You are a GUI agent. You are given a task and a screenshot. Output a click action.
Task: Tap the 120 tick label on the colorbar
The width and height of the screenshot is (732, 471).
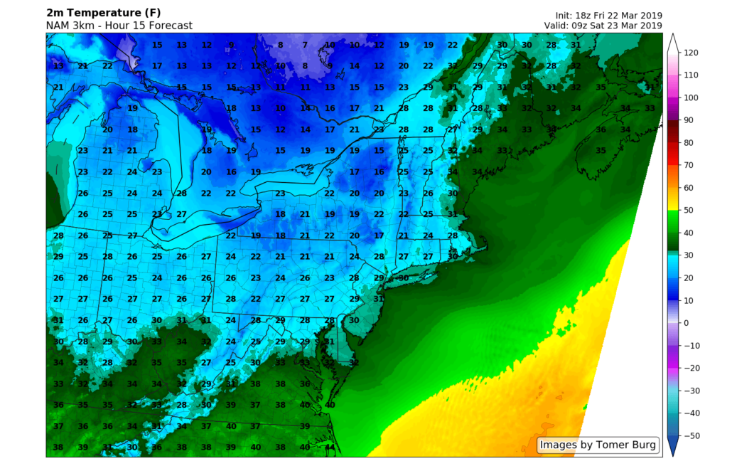click(691, 53)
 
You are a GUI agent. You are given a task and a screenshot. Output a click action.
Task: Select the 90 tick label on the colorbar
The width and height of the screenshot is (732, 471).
click(689, 120)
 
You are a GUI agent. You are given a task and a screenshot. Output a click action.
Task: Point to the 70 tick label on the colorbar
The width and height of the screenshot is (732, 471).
click(689, 165)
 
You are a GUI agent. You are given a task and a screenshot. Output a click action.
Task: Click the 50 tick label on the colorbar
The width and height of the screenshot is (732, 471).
click(689, 210)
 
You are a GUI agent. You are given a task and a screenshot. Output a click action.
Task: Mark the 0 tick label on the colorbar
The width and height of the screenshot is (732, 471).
click(686, 322)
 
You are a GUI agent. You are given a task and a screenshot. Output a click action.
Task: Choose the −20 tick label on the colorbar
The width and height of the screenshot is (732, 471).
click(691, 367)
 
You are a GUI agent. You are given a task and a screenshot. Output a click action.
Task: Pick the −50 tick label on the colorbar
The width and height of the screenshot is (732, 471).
click(691, 435)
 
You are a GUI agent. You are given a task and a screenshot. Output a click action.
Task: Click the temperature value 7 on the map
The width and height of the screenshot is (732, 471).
click(305, 45)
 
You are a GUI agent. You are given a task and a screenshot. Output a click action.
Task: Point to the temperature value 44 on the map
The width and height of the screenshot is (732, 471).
click(330, 448)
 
